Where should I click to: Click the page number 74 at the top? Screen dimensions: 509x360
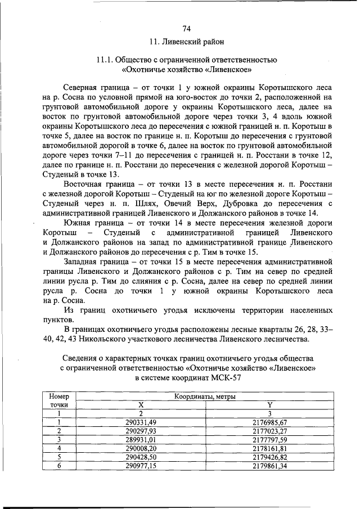186,29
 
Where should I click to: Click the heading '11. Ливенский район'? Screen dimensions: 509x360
186,42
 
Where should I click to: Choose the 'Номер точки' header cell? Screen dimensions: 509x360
59,400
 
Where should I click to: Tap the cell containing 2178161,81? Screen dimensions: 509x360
269,448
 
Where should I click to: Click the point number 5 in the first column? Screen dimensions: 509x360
59,457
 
